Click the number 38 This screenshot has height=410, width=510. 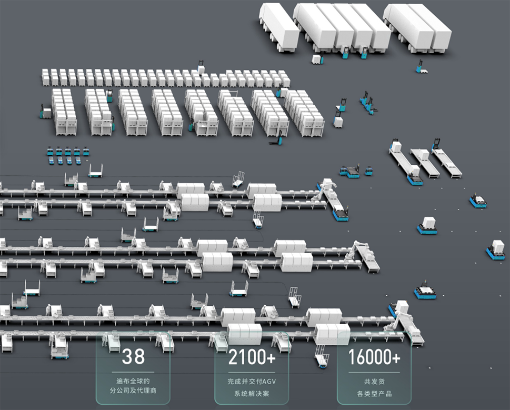pos(133,357)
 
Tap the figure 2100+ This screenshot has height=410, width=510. pos(252,358)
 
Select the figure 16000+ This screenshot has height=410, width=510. pos(374,357)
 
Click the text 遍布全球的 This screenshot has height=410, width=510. pos(133,380)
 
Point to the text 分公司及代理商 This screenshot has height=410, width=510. pos(133,391)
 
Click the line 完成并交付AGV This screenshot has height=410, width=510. pos(252,381)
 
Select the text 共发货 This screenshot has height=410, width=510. pos(374,381)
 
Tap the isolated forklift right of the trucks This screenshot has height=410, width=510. pos(421,67)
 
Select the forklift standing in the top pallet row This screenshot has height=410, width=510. pos(201,68)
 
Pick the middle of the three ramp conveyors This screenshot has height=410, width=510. pos(424,162)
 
